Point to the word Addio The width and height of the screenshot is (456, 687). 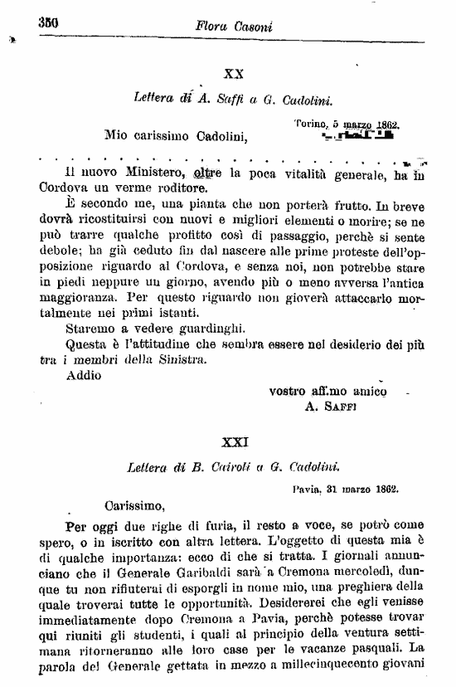(x=82, y=374)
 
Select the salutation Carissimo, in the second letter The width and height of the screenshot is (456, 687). (x=135, y=504)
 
